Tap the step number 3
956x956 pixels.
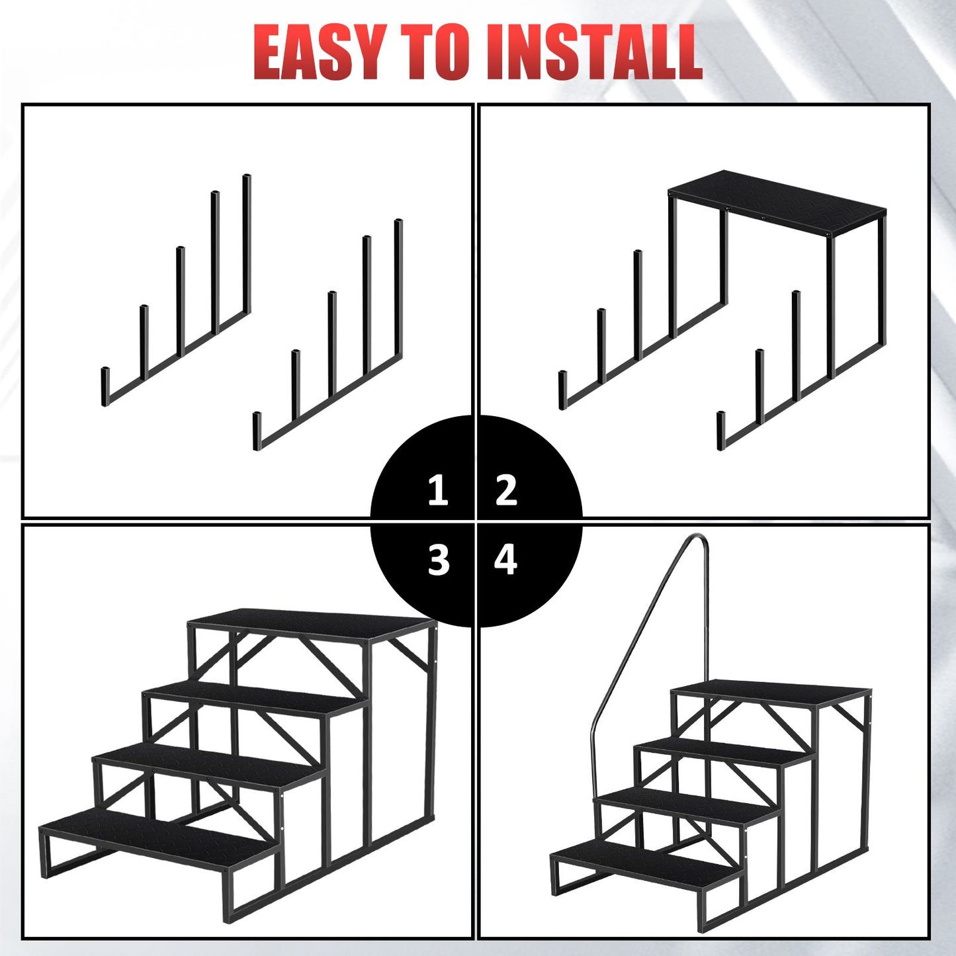pyautogui.click(x=439, y=560)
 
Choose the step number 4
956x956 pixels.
pyautogui.click(x=506, y=560)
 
